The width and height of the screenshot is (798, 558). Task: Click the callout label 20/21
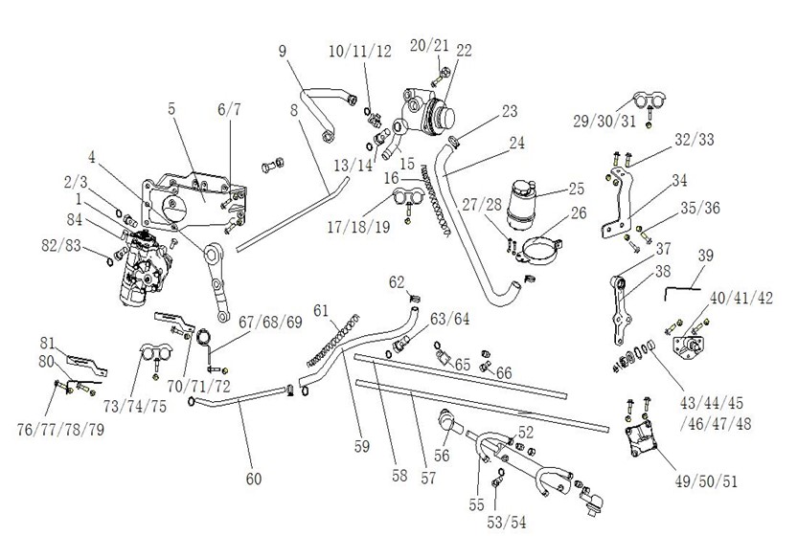429,44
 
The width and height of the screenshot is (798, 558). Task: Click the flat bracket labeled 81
87,361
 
